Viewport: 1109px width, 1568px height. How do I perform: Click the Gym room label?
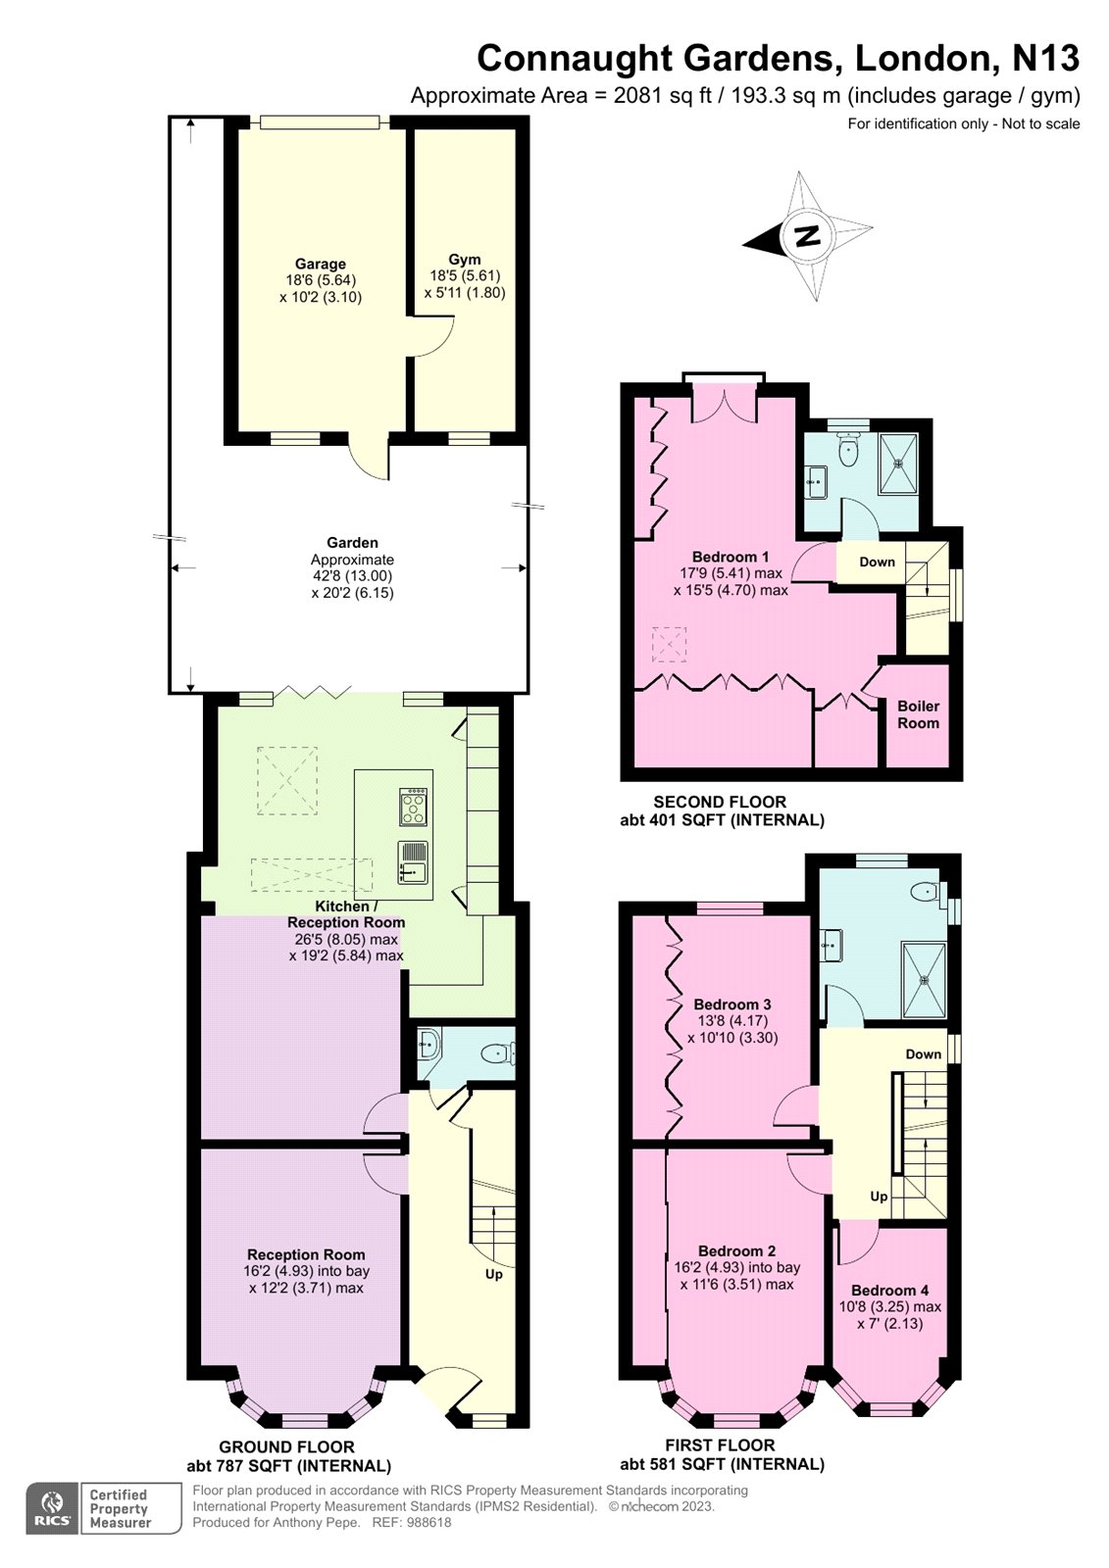click(464, 260)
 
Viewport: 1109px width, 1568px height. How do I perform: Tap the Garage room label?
click(321, 264)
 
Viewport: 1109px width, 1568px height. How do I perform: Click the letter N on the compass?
click(807, 236)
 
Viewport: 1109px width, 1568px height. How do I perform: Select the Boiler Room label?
click(918, 714)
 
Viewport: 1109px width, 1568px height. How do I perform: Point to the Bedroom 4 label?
click(889, 1291)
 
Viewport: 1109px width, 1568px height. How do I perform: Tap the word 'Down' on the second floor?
click(877, 562)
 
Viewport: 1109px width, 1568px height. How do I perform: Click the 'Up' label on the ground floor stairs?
click(494, 1274)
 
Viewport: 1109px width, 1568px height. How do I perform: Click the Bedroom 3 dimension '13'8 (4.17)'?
click(731, 1021)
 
